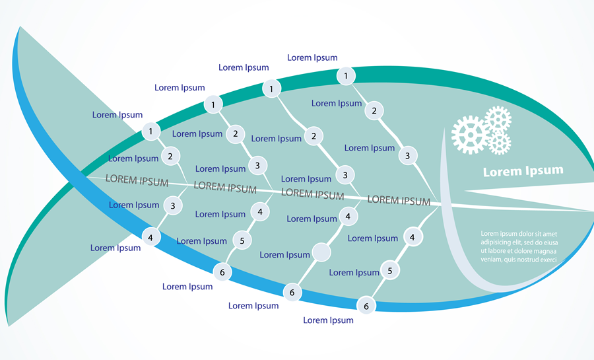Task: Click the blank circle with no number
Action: pos(321,252)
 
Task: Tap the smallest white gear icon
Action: pos(500,143)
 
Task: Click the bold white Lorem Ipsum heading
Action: pos(523,171)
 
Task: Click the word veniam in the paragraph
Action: pos(492,260)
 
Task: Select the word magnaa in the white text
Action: pos(544,251)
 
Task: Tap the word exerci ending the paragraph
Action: pos(545,260)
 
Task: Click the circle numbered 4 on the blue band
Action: pos(151,236)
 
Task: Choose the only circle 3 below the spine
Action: pos(173,206)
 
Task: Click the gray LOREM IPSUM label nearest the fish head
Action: pos(399,200)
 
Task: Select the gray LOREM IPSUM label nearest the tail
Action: pos(137,180)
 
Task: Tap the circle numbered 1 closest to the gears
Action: pos(345,77)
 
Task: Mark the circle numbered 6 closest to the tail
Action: pos(222,271)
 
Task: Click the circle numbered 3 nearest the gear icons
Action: pos(408,156)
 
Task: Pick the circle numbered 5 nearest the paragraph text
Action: pos(390,270)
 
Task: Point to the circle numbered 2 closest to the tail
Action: pos(170,157)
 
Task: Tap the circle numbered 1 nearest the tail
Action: pos(150,131)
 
